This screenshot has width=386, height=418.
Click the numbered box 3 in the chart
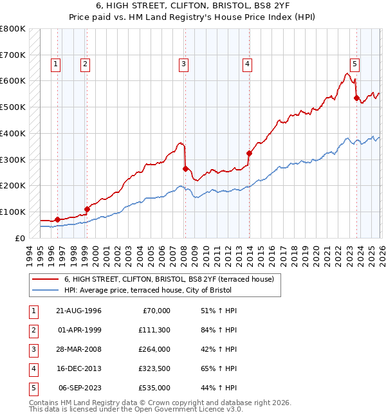click(184, 64)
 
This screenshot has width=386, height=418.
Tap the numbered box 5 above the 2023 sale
click(354, 64)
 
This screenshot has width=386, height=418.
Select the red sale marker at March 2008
click(185, 169)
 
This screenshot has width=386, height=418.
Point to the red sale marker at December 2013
click(249, 154)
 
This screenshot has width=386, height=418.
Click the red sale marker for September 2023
click(356, 98)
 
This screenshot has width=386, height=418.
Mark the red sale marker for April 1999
click(87, 209)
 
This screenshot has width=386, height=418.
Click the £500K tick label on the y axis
click(13, 107)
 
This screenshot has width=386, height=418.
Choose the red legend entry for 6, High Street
click(169, 279)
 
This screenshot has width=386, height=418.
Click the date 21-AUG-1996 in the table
click(79, 311)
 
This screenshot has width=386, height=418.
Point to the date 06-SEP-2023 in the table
click(79, 388)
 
